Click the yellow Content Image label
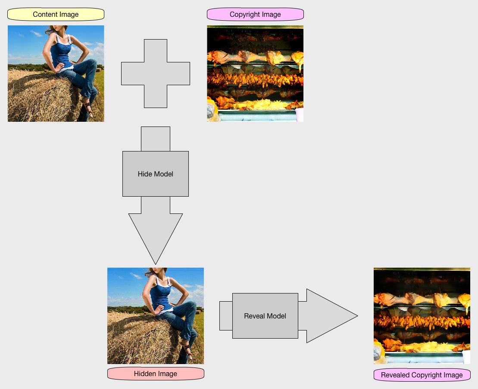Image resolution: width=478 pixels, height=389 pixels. tap(56, 15)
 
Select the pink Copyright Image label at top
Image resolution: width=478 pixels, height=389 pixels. tap(255, 15)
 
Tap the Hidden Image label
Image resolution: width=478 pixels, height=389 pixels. tap(155, 374)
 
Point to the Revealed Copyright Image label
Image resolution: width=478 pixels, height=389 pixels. tap(422, 375)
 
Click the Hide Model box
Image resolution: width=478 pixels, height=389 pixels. tap(155, 174)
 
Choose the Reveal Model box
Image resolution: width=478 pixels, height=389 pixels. tap(265, 316)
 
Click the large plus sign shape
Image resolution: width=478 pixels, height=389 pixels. tap(155, 73)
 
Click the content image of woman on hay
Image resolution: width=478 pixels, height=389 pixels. tap(56, 74)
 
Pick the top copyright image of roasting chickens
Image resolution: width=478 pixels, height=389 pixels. tap(255, 74)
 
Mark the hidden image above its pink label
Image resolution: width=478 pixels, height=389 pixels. tap(155, 316)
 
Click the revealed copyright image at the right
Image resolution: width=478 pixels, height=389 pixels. tap(422, 316)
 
